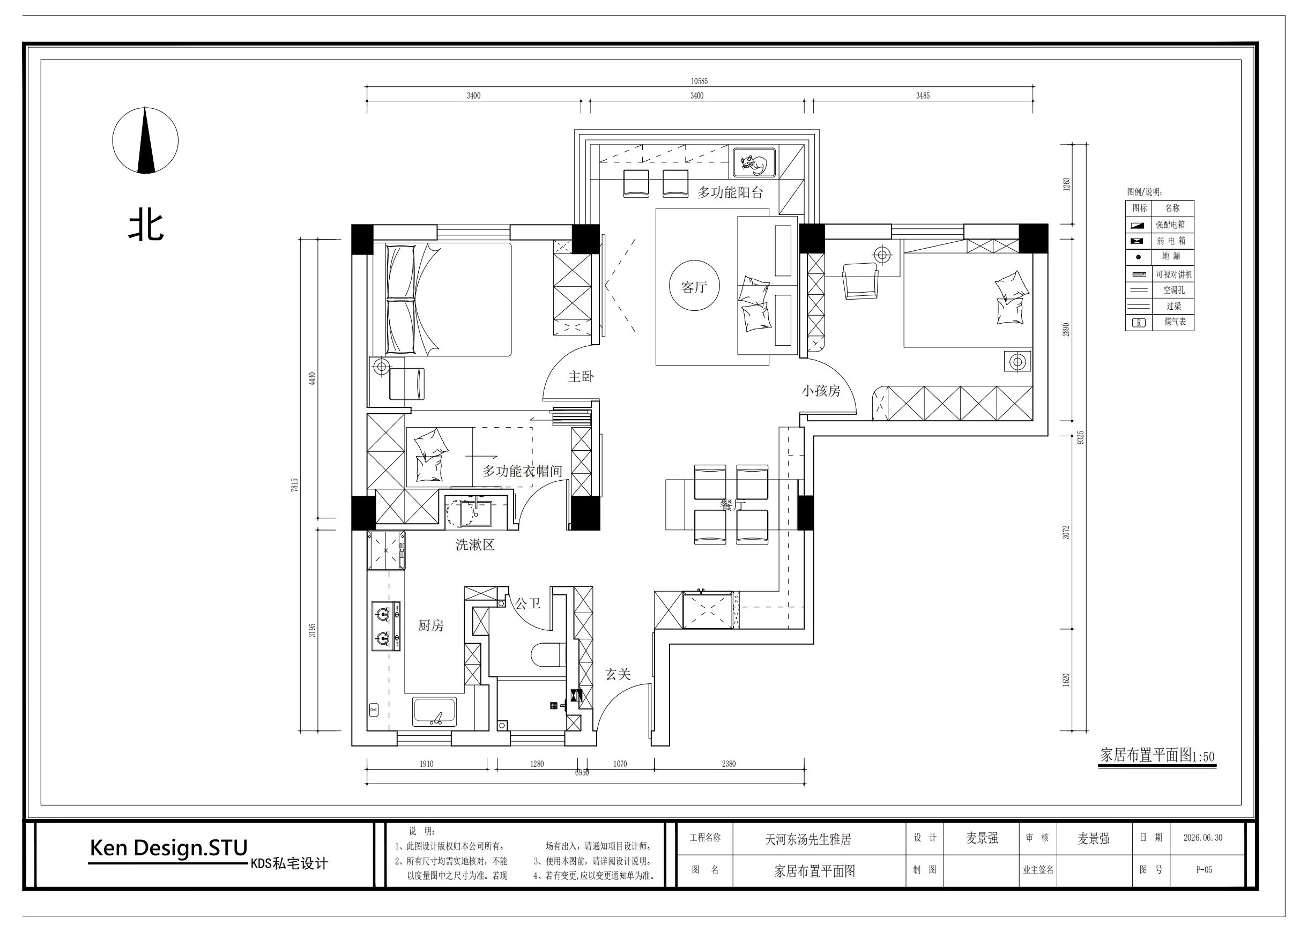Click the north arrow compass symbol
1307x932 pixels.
(145, 140)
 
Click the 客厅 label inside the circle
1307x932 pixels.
(693, 287)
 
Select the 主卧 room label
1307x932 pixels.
(581, 376)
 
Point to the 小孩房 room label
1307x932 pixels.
(821, 391)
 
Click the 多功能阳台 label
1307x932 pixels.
(730, 192)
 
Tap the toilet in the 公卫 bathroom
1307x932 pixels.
(545, 655)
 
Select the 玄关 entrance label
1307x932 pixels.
(618, 674)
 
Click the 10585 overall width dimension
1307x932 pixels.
(699, 81)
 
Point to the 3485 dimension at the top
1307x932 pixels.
(923, 96)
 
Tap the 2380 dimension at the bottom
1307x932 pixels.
(729, 764)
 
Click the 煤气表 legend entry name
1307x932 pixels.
(1175, 322)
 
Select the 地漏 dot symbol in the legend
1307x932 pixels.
(1138, 257)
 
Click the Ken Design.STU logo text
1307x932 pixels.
(169, 848)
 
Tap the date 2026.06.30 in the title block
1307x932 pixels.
(1202, 837)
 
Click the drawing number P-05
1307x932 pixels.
(1204, 869)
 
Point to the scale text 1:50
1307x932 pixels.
(1204, 756)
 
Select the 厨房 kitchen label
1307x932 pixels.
(430, 625)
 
